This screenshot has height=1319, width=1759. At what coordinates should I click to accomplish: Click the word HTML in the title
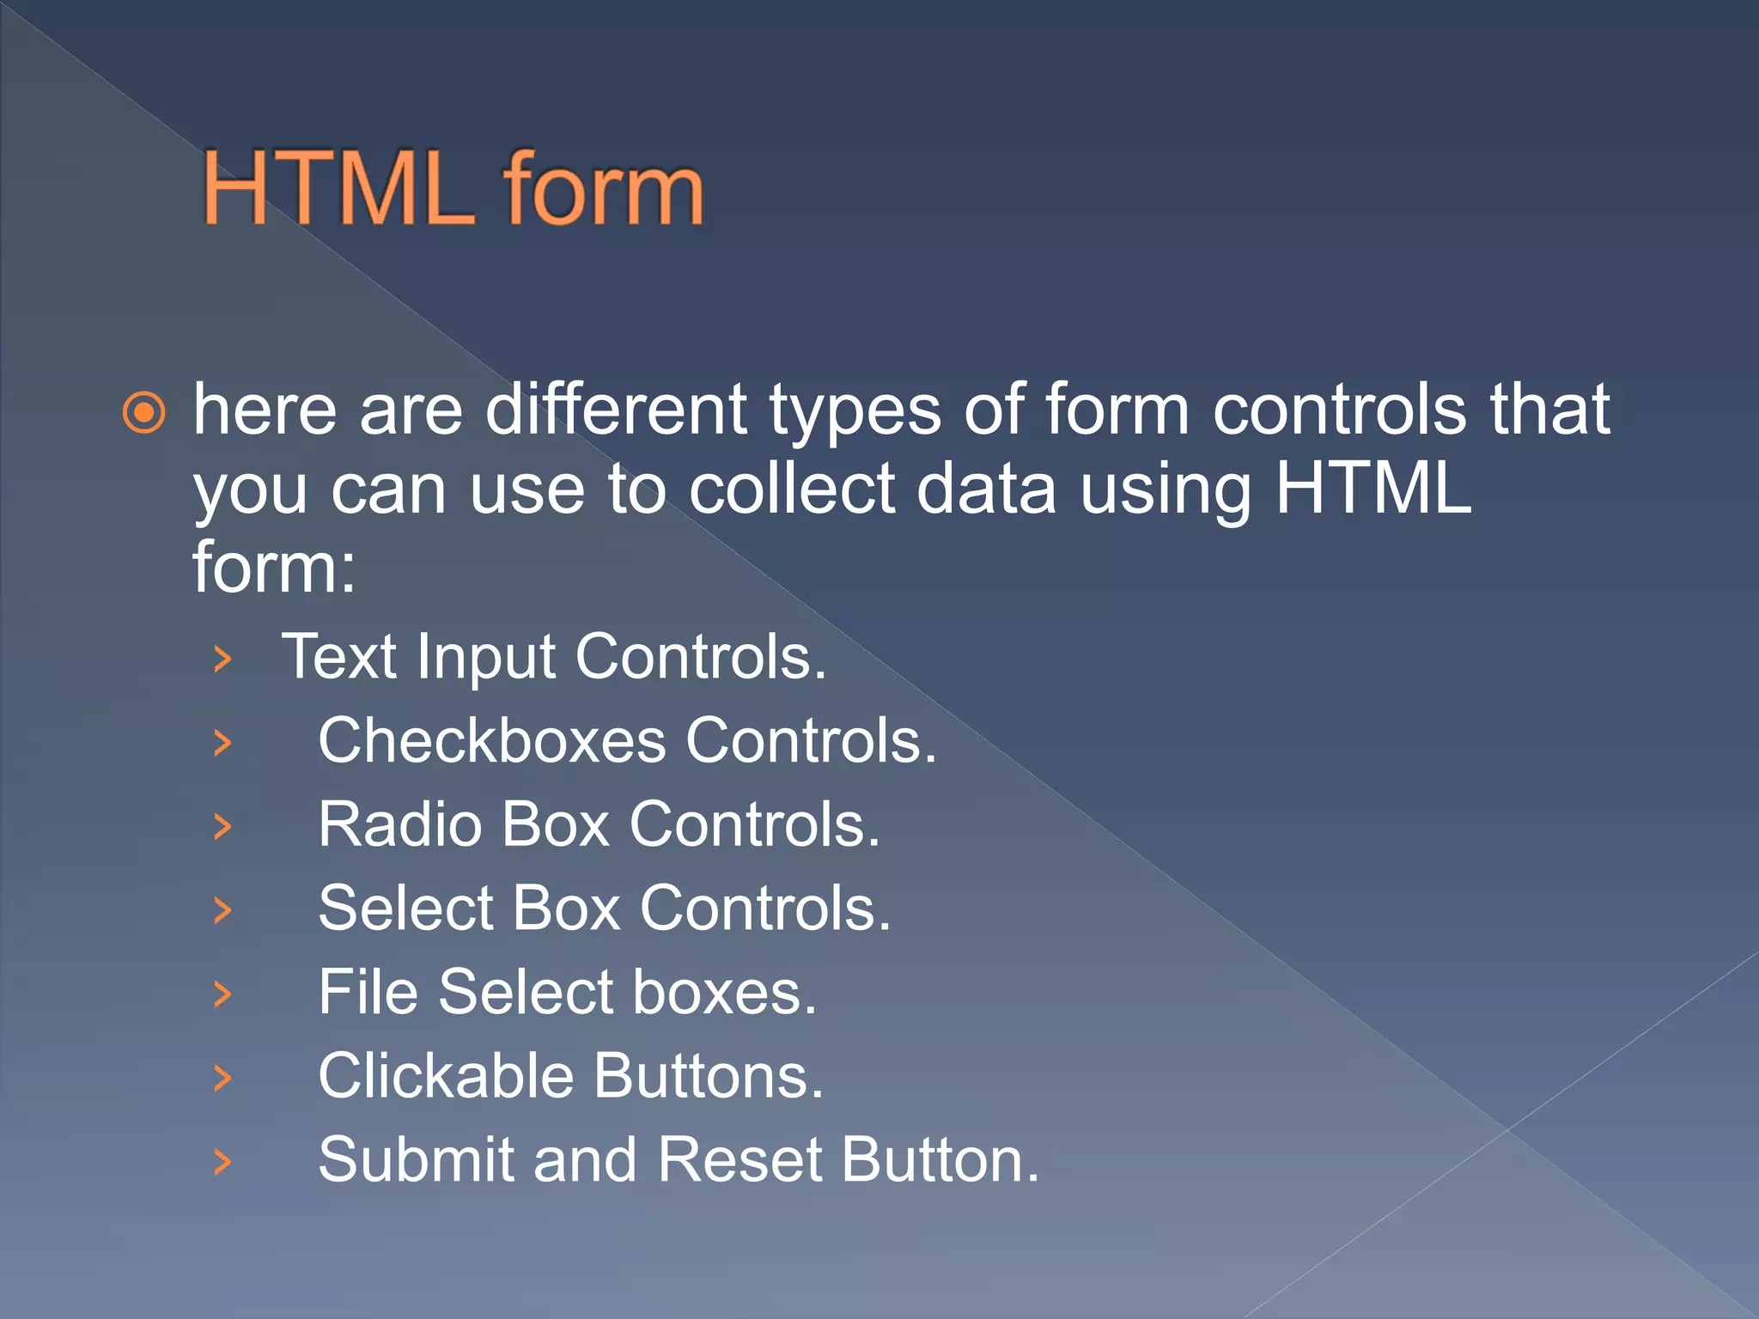pyautogui.click(x=338, y=189)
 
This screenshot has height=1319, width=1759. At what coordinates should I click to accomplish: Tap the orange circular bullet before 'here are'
pyautogui.click(x=143, y=413)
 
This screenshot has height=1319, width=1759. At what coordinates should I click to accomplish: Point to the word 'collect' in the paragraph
pyautogui.click(x=791, y=489)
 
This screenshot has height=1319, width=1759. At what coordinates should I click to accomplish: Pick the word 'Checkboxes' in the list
pyautogui.click(x=491, y=740)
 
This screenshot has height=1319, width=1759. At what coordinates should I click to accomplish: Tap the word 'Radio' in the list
pyautogui.click(x=400, y=824)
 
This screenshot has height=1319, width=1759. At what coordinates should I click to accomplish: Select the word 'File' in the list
pyautogui.click(x=368, y=993)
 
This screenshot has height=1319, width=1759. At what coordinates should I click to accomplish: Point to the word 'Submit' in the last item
pyautogui.click(x=416, y=1160)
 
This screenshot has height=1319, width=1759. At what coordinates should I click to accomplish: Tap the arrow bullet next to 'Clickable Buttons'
pyautogui.click(x=222, y=1078)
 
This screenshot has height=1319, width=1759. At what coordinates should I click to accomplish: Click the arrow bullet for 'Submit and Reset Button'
pyautogui.click(x=222, y=1162)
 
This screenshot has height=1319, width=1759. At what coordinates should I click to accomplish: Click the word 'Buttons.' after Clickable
pyautogui.click(x=709, y=1076)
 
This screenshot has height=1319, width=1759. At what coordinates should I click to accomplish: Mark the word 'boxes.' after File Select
pyautogui.click(x=725, y=993)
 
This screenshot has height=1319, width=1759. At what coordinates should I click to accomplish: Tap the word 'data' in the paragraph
pyautogui.click(x=986, y=489)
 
